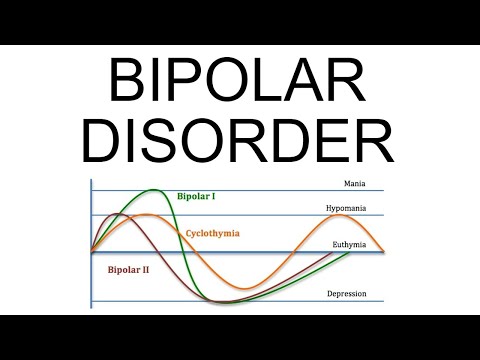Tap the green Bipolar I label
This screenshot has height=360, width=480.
199,196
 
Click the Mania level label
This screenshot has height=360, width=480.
355,184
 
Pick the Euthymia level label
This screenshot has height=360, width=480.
349,245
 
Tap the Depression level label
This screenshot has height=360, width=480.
346,294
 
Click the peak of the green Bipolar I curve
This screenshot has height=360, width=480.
153,190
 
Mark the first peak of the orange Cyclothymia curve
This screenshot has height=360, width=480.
146,215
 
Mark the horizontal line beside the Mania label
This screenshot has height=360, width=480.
250,191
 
